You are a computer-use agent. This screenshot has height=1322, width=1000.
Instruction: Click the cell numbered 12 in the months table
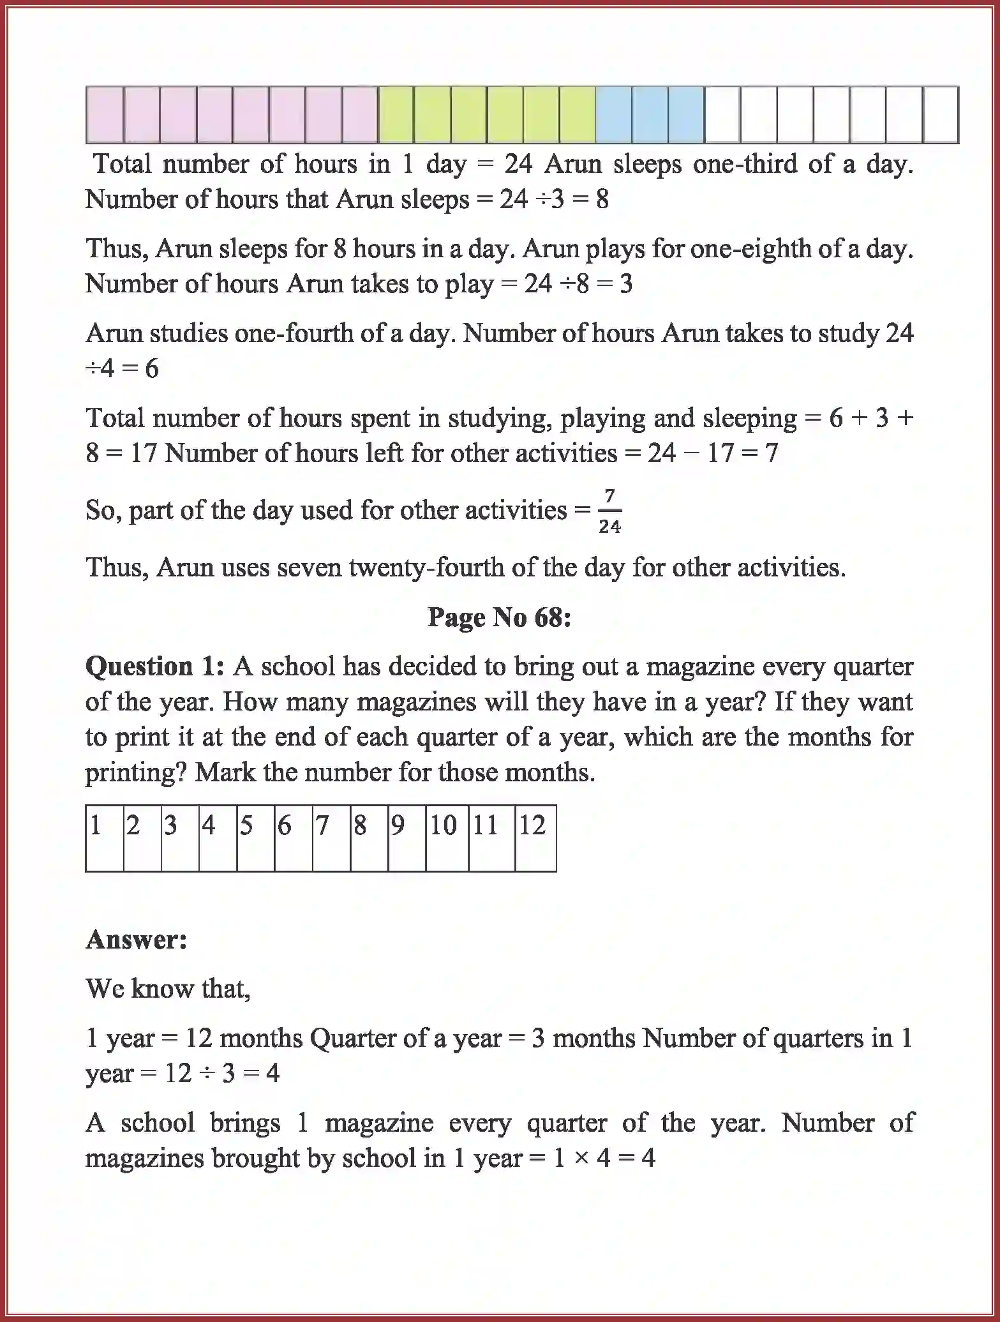click(535, 838)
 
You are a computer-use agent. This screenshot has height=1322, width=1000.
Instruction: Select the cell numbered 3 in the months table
click(179, 838)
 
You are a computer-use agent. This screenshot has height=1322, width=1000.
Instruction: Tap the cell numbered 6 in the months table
click(293, 838)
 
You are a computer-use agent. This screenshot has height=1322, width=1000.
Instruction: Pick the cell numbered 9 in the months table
click(406, 838)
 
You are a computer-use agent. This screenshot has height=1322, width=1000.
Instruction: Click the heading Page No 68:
click(499, 617)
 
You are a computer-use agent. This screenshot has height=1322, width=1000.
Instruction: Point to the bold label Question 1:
click(155, 666)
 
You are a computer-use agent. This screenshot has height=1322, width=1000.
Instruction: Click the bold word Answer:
click(137, 940)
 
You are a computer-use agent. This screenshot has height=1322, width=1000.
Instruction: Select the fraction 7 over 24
click(609, 511)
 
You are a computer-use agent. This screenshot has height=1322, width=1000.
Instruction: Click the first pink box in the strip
click(105, 115)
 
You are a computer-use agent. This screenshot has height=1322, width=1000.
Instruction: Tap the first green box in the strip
click(396, 115)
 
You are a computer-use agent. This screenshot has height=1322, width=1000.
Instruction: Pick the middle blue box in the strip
click(650, 115)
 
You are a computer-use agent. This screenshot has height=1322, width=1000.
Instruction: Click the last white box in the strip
click(941, 115)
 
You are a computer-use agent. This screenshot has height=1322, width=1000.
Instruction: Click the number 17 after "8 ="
click(144, 453)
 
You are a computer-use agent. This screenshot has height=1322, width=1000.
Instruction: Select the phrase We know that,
click(168, 989)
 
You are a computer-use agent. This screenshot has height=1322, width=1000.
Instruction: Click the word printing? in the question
click(136, 773)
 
